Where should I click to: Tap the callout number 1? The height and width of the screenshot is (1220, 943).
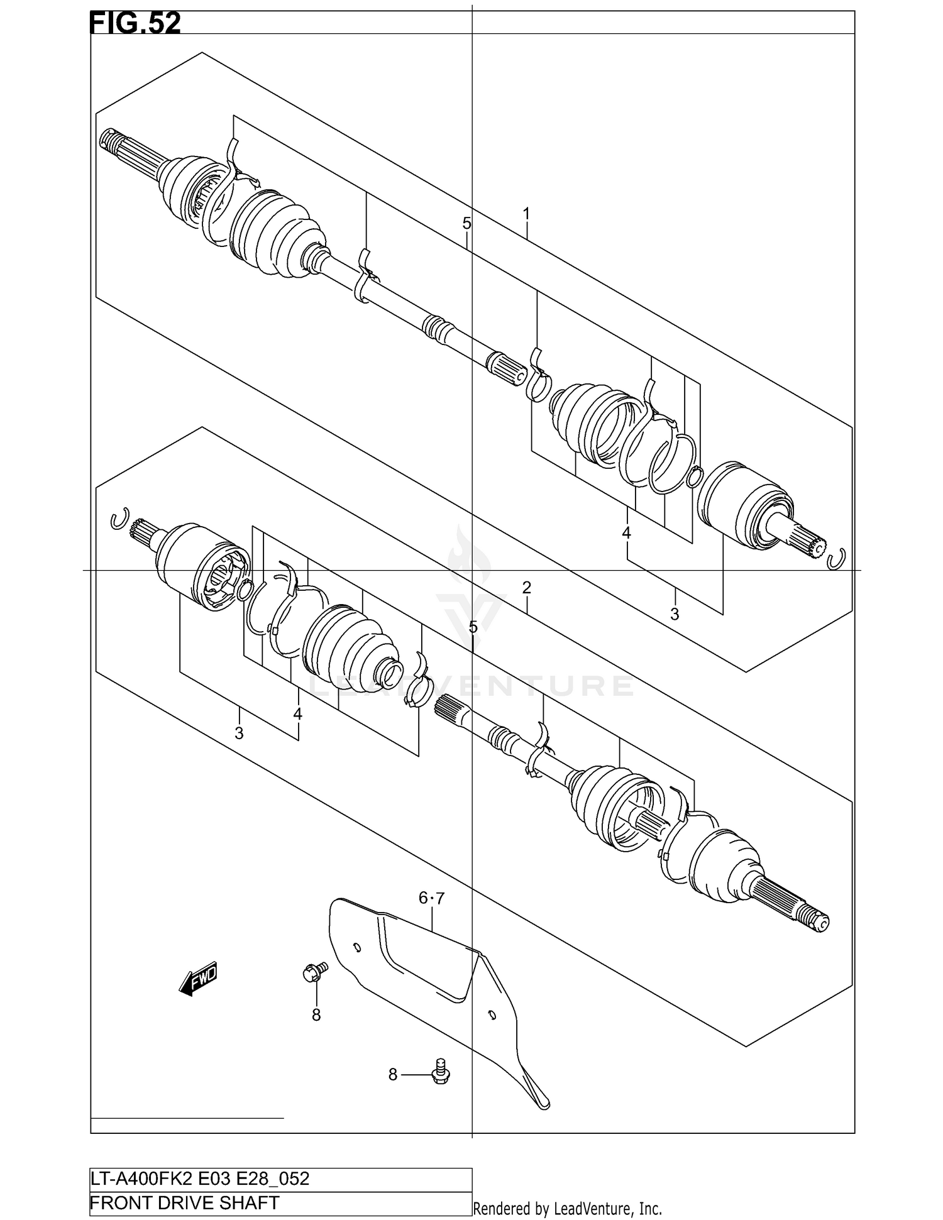[x=526, y=214]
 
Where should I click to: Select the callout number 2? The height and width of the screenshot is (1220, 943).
[x=526, y=588]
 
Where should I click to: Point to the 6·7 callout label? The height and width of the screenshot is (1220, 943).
[x=431, y=899]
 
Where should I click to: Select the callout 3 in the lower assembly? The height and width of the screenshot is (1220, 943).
[x=239, y=733]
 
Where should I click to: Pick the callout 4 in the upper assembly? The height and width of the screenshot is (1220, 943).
[x=626, y=533]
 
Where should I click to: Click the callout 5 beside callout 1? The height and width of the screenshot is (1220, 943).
[x=466, y=223]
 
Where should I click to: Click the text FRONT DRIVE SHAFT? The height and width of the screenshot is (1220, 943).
[x=185, y=1202]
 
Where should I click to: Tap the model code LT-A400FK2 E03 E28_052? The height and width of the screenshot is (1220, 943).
[x=200, y=1179]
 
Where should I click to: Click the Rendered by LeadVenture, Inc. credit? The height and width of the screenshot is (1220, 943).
[x=567, y=1208]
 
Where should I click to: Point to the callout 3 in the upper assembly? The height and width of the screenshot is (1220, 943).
[x=675, y=613]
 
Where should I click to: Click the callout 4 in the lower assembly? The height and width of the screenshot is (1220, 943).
[x=297, y=714]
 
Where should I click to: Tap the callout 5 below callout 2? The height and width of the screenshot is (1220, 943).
[x=473, y=627]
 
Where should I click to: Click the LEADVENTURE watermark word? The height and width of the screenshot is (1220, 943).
[x=472, y=686]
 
